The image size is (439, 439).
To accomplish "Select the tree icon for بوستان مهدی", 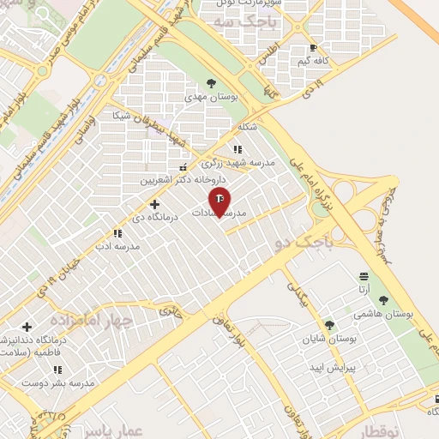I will [x=211, y=83].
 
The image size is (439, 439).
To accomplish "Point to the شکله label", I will [x=249, y=127].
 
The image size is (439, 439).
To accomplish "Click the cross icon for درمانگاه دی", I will [x=154, y=204].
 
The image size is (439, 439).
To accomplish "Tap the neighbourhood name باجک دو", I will [x=296, y=244].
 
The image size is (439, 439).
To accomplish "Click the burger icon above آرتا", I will [x=364, y=275].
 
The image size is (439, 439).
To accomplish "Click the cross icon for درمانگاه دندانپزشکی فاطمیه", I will [x=27, y=327].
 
